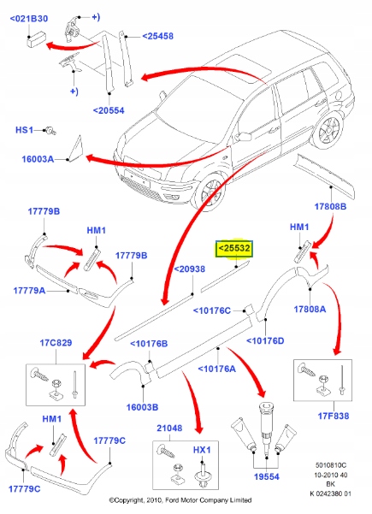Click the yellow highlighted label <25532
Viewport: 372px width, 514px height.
point(233,249)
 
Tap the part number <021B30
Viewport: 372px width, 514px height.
point(30,18)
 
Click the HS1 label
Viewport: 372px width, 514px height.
point(24,130)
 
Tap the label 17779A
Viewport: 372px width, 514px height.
point(29,290)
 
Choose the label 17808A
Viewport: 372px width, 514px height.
point(334,309)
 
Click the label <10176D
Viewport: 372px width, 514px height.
point(266,340)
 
